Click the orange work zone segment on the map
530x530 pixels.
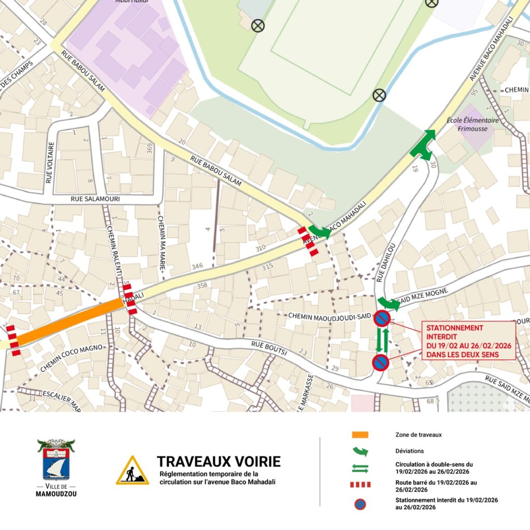[70, 321]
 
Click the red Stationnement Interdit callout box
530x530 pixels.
[469, 341]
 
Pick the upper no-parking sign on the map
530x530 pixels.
[381, 318]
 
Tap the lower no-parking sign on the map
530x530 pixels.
[380, 362]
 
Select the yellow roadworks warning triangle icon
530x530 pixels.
[132, 470]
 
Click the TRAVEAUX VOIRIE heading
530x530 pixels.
[218, 462]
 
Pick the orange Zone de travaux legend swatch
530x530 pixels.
[360, 435]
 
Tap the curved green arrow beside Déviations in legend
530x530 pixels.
[360, 451]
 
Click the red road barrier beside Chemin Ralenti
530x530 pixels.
[129, 299]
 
